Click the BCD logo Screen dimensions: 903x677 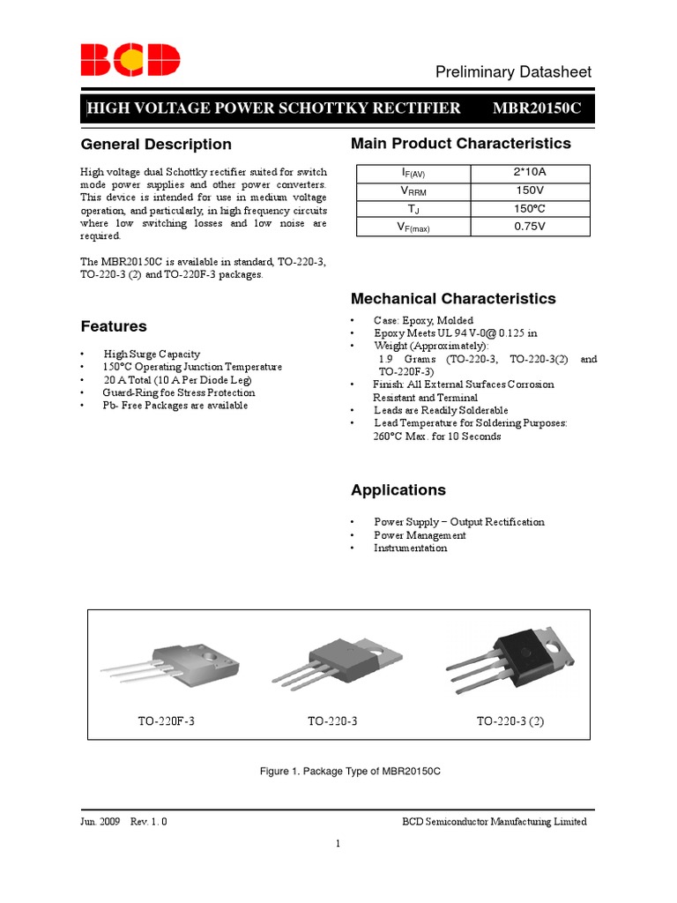pos(130,61)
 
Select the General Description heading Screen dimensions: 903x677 pos(156,145)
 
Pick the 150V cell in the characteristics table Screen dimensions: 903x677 pos(531,190)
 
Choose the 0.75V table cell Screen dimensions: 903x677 pos(531,227)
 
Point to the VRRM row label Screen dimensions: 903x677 pos(413,190)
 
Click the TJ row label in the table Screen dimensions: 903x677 pos(413,209)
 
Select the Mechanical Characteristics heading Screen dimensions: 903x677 pos(453,299)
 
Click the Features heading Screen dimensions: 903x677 pos(114,326)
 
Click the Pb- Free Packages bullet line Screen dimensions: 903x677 pos(175,406)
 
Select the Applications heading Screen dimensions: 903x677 pos(398,490)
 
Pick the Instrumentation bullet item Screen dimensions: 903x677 pos(410,548)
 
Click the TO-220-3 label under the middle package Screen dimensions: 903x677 pos(332,721)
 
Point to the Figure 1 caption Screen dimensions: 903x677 pos(350,771)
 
